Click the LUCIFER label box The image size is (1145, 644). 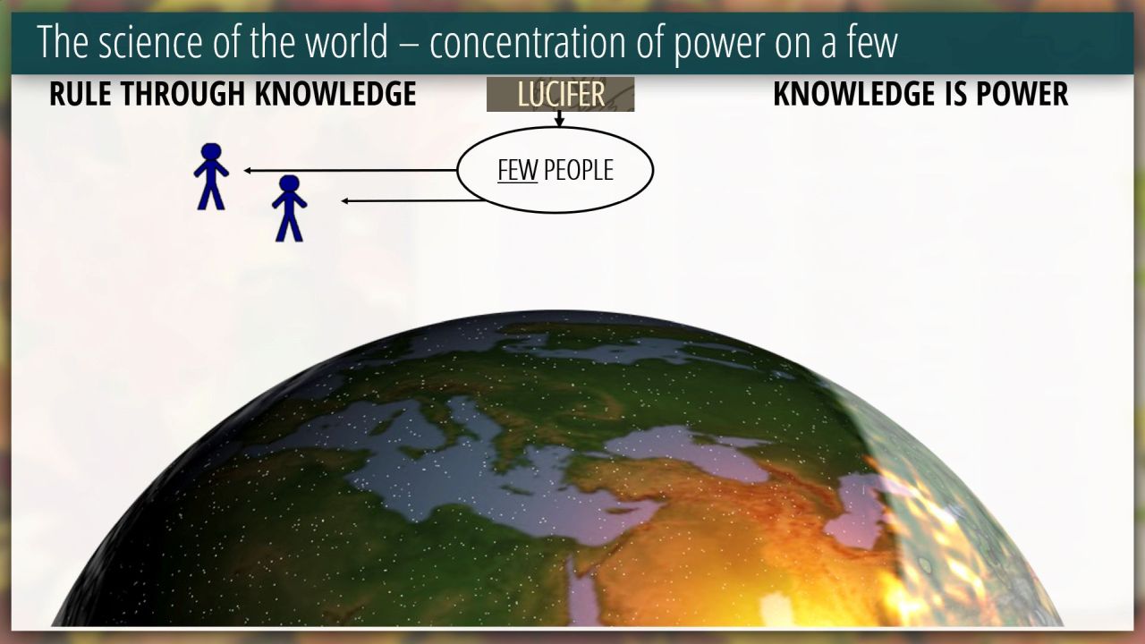[x=560, y=94]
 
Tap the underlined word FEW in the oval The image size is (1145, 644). [x=517, y=170]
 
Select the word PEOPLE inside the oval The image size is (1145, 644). [x=579, y=170]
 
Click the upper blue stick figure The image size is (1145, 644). [x=211, y=176]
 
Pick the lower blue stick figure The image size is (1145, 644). [x=289, y=208]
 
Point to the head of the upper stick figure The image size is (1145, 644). [x=211, y=152]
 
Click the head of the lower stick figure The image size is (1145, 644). [x=289, y=184]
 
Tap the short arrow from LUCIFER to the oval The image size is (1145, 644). [x=559, y=119]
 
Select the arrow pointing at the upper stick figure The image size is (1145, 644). [x=350, y=170]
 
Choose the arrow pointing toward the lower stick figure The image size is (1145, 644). [x=412, y=201]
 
